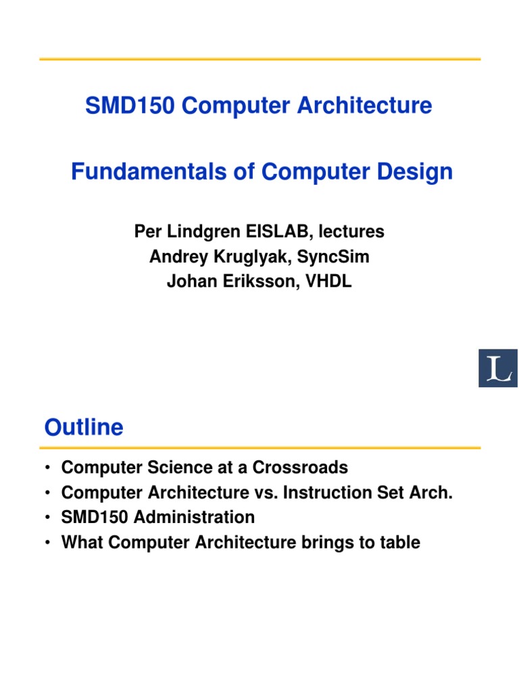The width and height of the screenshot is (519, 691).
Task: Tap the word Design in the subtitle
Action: click(420, 172)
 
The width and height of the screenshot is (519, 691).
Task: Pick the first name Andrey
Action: click(175, 257)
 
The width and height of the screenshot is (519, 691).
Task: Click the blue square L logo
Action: click(498, 368)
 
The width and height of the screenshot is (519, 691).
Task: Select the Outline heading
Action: click(84, 428)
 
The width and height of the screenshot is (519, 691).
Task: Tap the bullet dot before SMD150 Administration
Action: click(47, 518)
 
